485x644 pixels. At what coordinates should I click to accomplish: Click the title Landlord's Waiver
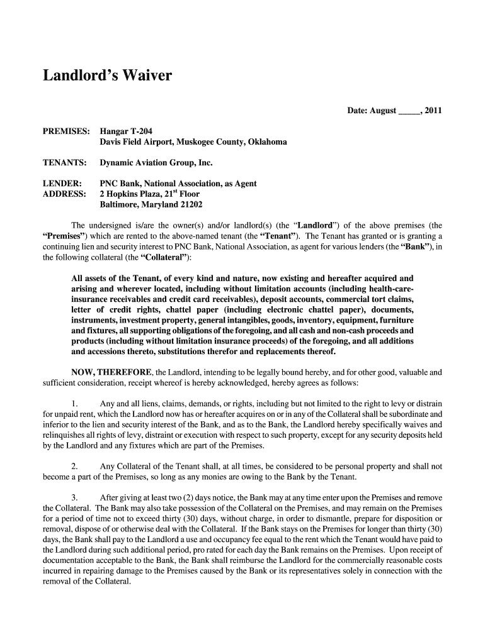click(x=107, y=77)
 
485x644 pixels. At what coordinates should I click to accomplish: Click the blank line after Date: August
click(x=408, y=111)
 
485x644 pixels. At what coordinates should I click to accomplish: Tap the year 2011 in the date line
click(x=433, y=111)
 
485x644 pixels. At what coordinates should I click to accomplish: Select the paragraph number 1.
click(x=75, y=403)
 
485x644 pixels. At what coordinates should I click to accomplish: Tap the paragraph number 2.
click(x=75, y=466)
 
